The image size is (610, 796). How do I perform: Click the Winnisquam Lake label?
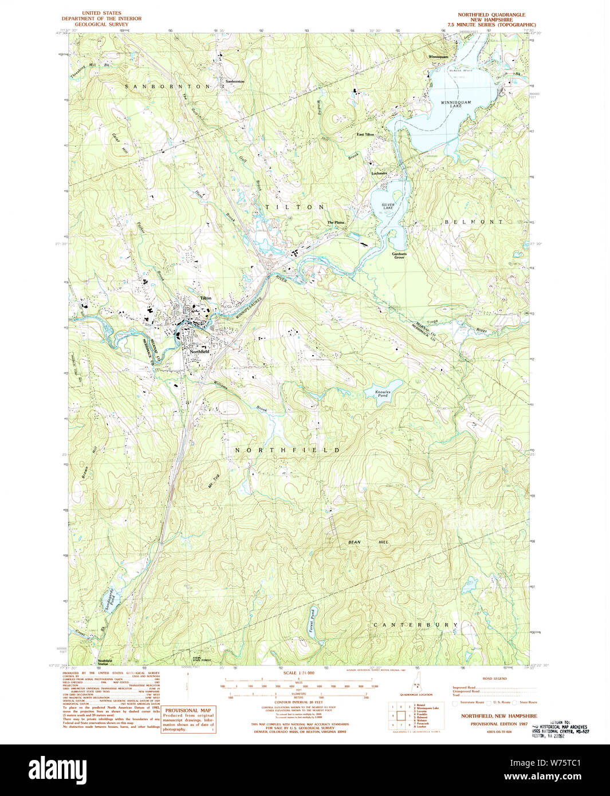coord(456,104)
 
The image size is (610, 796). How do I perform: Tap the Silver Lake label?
coord(388,207)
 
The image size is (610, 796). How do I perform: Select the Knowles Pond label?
coord(382,394)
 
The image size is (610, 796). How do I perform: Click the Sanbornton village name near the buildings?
coord(234,81)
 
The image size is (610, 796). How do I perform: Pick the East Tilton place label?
coord(365,135)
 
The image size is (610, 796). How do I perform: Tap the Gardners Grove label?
coord(399,255)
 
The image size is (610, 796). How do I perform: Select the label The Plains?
coord(336,222)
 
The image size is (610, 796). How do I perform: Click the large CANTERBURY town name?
coord(415,625)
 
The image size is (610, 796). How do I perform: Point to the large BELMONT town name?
coord(473,222)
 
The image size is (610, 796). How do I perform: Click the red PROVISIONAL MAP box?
coord(188,719)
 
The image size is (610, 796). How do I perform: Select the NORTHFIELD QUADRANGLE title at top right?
coord(491,14)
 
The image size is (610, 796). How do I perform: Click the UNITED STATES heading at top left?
coord(101,13)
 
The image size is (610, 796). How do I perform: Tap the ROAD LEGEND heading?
coord(495,679)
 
